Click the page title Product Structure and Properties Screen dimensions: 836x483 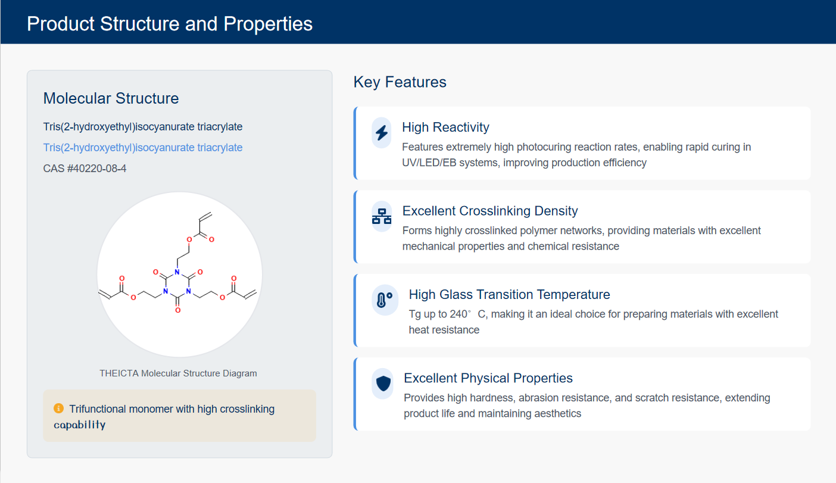click(170, 24)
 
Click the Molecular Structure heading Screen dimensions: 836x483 click(111, 98)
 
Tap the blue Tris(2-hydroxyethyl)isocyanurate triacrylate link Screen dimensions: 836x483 click(142, 148)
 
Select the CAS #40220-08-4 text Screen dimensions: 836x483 click(85, 169)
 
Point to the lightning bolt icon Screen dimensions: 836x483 click(382, 133)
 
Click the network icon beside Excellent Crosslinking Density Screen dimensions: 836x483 click(382, 217)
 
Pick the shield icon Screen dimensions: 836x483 click(383, 384)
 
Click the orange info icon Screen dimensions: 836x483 click(58, 409)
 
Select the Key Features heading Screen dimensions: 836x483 click(400, 82)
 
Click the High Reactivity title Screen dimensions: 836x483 click(445, 127)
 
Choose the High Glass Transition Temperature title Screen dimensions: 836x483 click(509, 294)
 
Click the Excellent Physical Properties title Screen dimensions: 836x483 click(488, 378)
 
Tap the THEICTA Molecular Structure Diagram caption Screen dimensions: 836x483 click(178, 373)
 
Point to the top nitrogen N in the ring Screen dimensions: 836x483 click(177, 272)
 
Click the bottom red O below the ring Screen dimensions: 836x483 click(177, 310)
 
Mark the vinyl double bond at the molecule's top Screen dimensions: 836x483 click(205, 217)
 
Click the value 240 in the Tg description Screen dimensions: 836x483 click(458, 314)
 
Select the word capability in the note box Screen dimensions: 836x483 click(80, 425)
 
